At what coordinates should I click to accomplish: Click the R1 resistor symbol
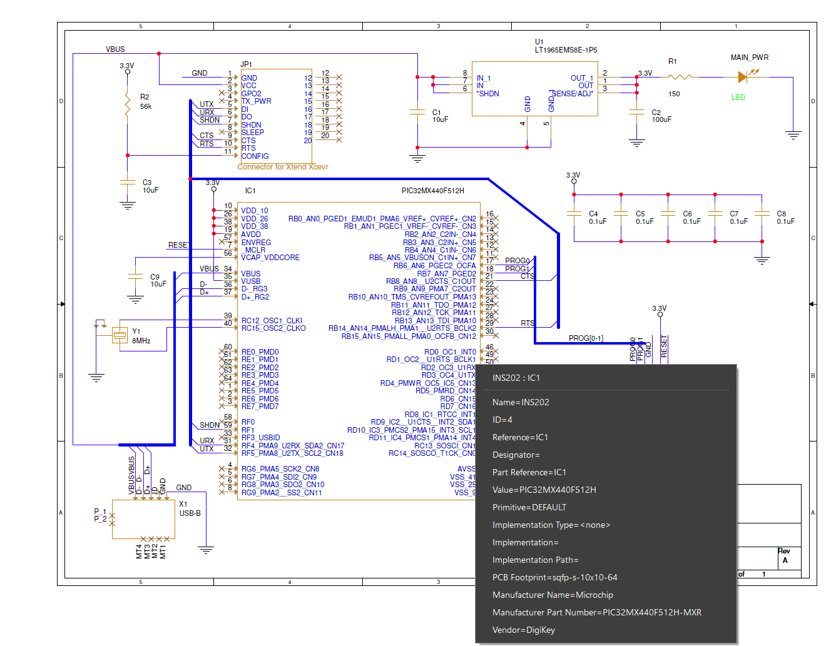[680, 77]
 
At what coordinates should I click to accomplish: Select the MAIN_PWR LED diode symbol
[743, 77]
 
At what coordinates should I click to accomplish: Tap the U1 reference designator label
[539, 42]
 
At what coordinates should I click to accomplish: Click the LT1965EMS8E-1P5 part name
[566, 50]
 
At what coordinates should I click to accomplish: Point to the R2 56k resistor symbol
[128, 104]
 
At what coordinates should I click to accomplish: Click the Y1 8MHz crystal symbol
[120, 336]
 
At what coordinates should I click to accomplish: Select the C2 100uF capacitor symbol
[636, 113]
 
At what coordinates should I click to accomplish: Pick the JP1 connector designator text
[246, 64]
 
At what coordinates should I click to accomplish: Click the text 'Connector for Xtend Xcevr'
[283, 167]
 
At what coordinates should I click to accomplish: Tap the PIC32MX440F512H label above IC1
[432, 191]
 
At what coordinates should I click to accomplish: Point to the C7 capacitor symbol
[715, 213]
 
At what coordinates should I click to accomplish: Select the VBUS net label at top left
[115, 49]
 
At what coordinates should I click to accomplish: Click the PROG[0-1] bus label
[586, 338]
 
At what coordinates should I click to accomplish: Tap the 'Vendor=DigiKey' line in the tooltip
[523, 630]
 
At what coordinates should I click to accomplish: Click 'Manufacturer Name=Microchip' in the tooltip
[553, 595]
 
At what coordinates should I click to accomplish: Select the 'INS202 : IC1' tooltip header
[516, 378]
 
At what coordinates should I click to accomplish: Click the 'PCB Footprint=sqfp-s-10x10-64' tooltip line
[554, 577]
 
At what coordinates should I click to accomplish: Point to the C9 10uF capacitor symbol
[135, 276]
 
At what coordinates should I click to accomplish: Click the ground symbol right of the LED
[793, 134]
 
